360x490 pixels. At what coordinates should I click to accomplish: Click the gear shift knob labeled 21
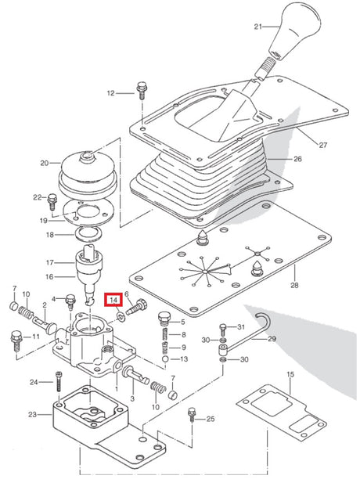pyautogui.click(x=295, y=30)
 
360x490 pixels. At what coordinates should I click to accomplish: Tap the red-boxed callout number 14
pyautogui.click(x=114, y=301)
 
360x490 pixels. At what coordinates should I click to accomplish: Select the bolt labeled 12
pyautogui.click(x=141, y=90)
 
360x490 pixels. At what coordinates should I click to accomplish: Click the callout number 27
pyautogui.click(x=322, y=145)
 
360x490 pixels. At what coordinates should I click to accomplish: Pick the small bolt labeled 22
pyautogui.click(x=52, y=202)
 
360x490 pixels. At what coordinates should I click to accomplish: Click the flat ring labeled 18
pyautogui.click(x=88, y=234)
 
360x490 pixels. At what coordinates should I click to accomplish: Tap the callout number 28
pyautogui.click(x=294, y=285)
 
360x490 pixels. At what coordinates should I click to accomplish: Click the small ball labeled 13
pyautogui.click(x=165, y=358)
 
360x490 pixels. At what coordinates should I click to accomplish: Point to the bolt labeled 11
pyautogui.click(x=16, y=341)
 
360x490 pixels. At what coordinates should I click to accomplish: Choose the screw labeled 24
pyautogui.click(x=59, y=381)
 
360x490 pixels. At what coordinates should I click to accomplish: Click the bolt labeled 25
pyautogui.click(x=192, y=416)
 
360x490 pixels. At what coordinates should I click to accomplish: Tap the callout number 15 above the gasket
pyautogui.click(x=290, y=374)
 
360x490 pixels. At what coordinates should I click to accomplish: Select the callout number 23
pyautogui.click(x=33, y=415)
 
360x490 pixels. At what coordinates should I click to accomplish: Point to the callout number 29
pyautogui.click(x=272, y=339)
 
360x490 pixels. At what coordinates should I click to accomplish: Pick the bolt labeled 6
pyautogui.click(x=136, y=307)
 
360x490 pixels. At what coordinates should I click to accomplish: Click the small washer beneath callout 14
pyautogui.click(x=120, y=318)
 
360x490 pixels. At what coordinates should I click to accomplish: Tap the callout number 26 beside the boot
pyautogui.click(x=297, y=159)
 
